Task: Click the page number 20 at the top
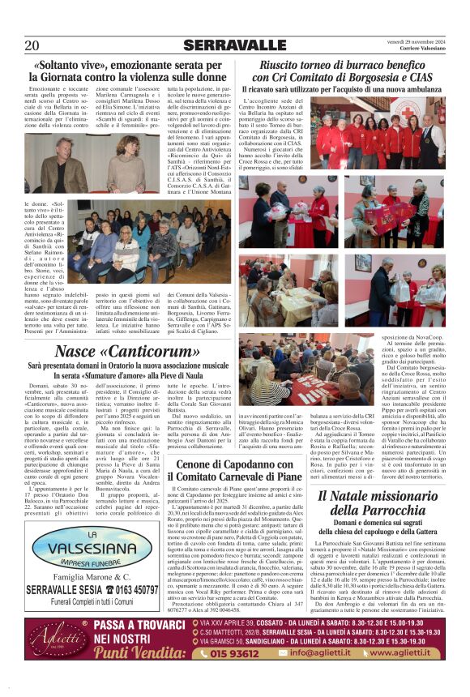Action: coord(32,45)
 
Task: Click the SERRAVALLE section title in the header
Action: coord(234,45)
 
